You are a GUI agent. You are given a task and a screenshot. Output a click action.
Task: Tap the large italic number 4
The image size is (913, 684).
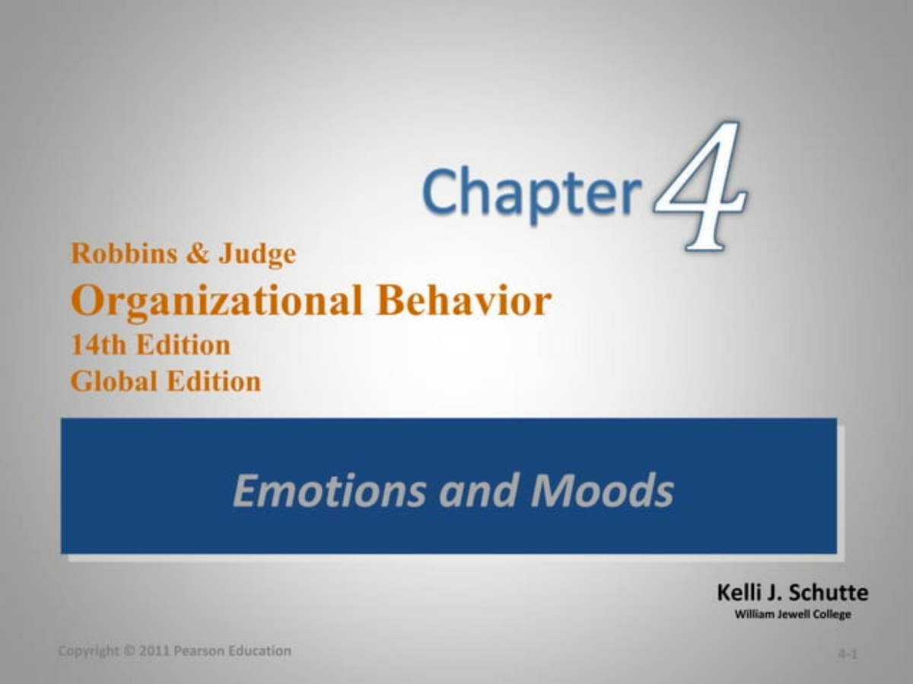click(x=701, y=187)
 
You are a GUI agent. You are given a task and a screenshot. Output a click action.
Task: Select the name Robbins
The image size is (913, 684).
click(x=122, y=253)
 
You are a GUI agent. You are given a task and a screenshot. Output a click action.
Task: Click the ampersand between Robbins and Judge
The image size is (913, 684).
click(x=196, y=254)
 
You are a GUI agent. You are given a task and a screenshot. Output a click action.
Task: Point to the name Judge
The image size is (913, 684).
click(x=257, y=255)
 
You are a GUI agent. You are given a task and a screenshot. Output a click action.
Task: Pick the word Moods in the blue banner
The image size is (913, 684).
click(x=602, y=490)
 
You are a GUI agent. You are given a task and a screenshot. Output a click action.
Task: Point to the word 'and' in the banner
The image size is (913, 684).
click(x=476, y=490)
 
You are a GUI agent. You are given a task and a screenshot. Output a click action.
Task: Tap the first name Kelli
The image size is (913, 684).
click(x=740, y=593)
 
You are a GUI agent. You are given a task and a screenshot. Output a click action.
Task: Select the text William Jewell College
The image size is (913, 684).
click(x=792, y=614)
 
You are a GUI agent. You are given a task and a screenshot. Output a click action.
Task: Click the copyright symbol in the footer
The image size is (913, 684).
click(x=130, y=651)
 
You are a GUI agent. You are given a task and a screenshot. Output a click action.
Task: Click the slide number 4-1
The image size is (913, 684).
click(x=848, y=654)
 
